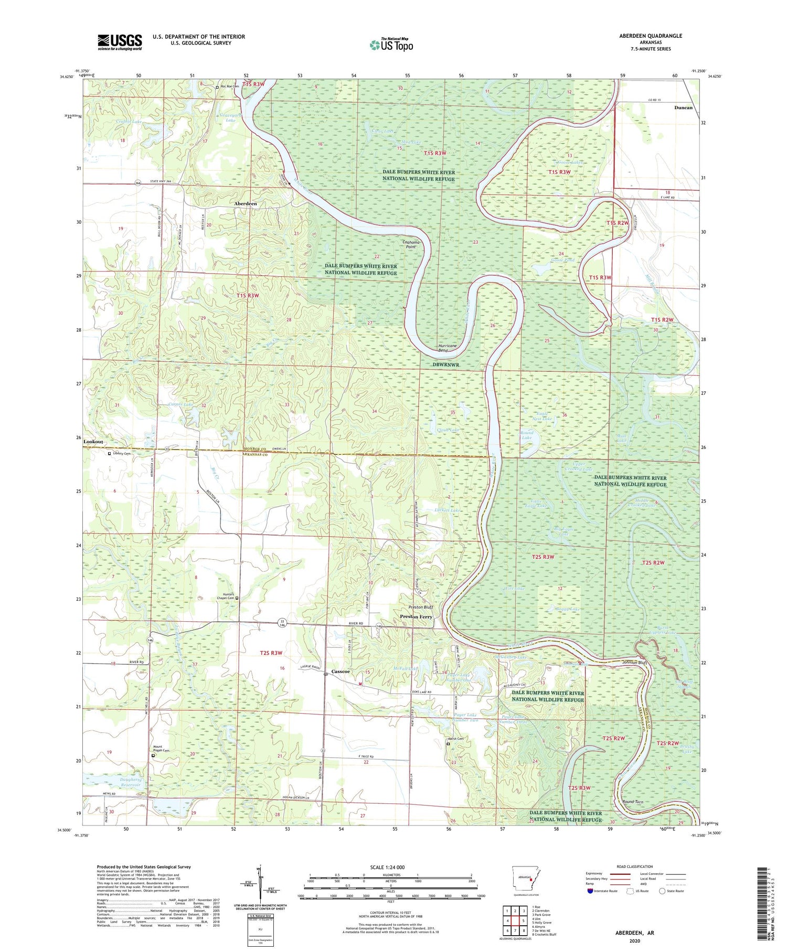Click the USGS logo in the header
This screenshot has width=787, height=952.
coord(120,42)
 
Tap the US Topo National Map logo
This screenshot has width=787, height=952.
coord(390,45)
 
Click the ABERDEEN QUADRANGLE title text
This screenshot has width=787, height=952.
coord(650,36)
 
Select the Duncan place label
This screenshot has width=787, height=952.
coord(683,108)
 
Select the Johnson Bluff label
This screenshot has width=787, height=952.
coord(636,663)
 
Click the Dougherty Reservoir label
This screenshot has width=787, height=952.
coord(123,782)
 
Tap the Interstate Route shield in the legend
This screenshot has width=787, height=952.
coord(591,891)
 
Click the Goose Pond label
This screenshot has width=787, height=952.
coord(562,260)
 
